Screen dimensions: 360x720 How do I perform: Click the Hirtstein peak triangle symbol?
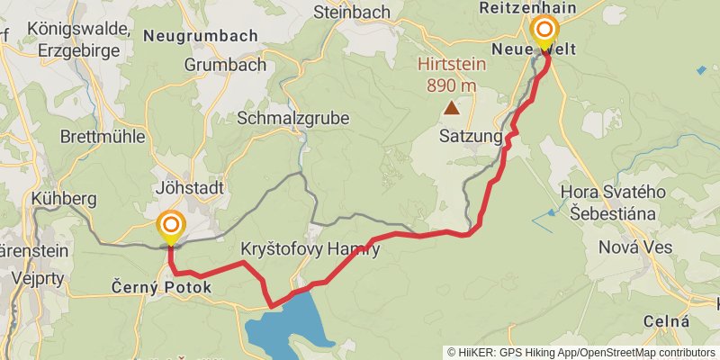click(x=451, y=108)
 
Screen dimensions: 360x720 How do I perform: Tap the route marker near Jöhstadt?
click(x=170, y=225)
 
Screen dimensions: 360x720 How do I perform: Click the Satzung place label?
click(x=469, y=138)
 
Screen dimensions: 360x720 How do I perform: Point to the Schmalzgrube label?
click(x=293, y=118)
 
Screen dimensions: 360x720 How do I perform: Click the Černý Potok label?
click(x=162, y=288)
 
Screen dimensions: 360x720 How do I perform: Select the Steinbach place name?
click(x=352, y=12)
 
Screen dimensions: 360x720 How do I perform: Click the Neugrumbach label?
click(x=200, y=36)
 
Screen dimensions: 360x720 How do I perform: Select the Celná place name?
click(x=667, y=321)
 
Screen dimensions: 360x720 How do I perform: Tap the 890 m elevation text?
click(x=451, y=85)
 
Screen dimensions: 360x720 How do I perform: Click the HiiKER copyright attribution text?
click(x=581, y=353)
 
